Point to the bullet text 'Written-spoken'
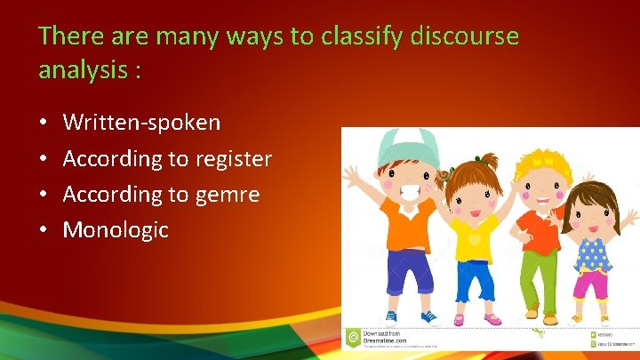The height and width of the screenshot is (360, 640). point(141,123)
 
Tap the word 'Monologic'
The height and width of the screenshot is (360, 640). point(116,230)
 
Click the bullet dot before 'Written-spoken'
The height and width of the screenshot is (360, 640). point(44,124)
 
